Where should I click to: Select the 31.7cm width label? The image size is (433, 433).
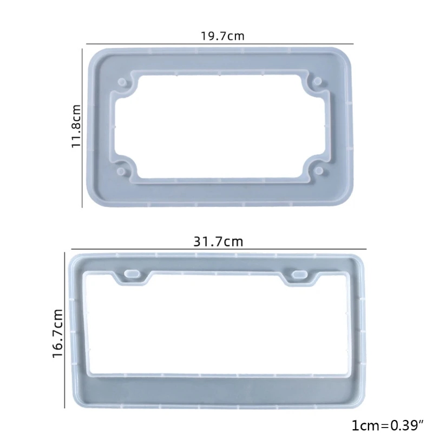tap(218, 242)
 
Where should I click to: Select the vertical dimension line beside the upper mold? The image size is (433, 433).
tap(82, 126)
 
